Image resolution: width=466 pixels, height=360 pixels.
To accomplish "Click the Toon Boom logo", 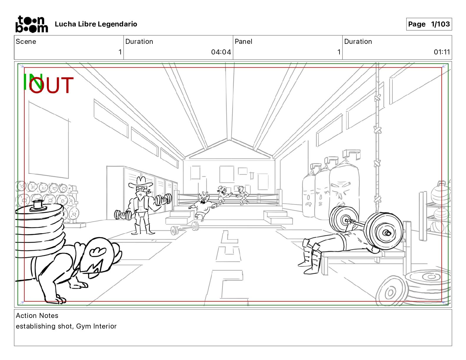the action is (x=32, y=24).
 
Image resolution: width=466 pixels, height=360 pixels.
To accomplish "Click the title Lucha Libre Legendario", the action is (x=96, y=24).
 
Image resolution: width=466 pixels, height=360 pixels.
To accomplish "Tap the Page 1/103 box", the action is (x=429, y=24).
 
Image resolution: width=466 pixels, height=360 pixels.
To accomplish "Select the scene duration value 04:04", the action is (x=221, y=52).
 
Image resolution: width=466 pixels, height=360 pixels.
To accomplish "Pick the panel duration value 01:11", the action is (x=442, y=52).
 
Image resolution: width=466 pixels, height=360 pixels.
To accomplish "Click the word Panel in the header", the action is (x=243, y=41).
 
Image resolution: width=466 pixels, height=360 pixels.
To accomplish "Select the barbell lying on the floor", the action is (x=185, y=228).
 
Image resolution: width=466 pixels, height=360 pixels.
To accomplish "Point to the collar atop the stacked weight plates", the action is (x=38, y=205).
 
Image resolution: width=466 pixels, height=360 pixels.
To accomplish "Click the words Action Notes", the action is (x=37, y=316).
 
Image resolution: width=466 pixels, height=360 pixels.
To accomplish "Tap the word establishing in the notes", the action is (x=36, y=326).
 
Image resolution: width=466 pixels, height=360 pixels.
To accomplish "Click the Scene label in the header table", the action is (x=26, y=41).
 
